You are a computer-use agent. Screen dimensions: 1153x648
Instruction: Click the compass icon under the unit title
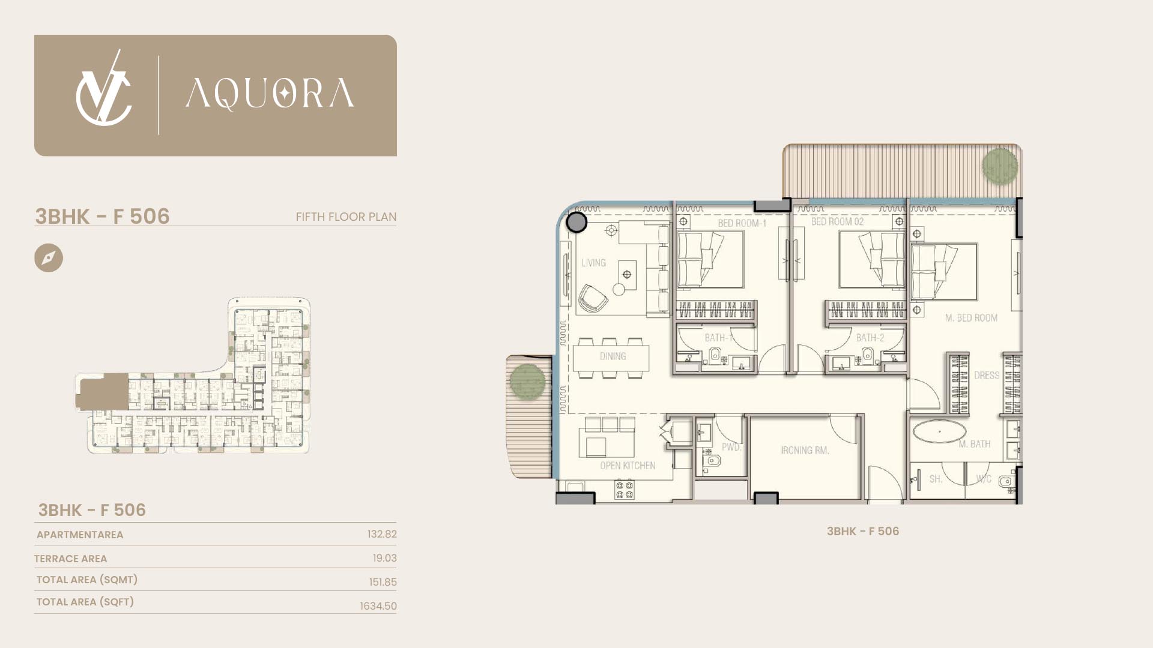(x=49, y=258)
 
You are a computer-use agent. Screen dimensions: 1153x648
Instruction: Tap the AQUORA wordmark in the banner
(x=270, y=94)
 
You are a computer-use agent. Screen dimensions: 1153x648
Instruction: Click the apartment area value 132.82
(x=382, y=534)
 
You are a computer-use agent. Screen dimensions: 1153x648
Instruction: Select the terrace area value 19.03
(x=384, y=558)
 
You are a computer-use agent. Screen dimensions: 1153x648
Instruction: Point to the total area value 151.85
(x=383, y=582)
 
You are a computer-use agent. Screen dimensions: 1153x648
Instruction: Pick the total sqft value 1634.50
(x=378, y=606)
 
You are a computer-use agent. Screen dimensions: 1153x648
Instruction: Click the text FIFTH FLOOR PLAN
(x=346, y=217)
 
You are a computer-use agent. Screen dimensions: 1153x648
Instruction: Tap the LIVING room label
(x=593, y=263)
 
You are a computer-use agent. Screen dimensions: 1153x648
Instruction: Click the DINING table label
(x=613, y=356)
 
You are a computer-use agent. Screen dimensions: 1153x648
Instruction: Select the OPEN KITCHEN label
(x=628, y=466)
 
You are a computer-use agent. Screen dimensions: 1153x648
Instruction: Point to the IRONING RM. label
(x=805, y=450)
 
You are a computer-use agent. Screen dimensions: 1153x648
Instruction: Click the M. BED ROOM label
(x=971, y=318)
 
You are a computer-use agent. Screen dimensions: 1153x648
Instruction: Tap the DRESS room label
(x=987, y=376)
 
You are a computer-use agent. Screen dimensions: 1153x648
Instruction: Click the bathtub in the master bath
(x=939, y=431)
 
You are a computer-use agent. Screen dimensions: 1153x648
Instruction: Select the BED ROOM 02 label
(x=837, y=221)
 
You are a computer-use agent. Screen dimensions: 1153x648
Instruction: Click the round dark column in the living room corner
(x=576, y=222)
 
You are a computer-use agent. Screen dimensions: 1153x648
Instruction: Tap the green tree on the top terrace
(x=1000, y=165)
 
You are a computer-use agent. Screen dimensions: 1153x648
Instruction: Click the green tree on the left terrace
(x=527, y=382)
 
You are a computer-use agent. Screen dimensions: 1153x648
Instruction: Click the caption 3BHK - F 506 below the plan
(x=862, y=531)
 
